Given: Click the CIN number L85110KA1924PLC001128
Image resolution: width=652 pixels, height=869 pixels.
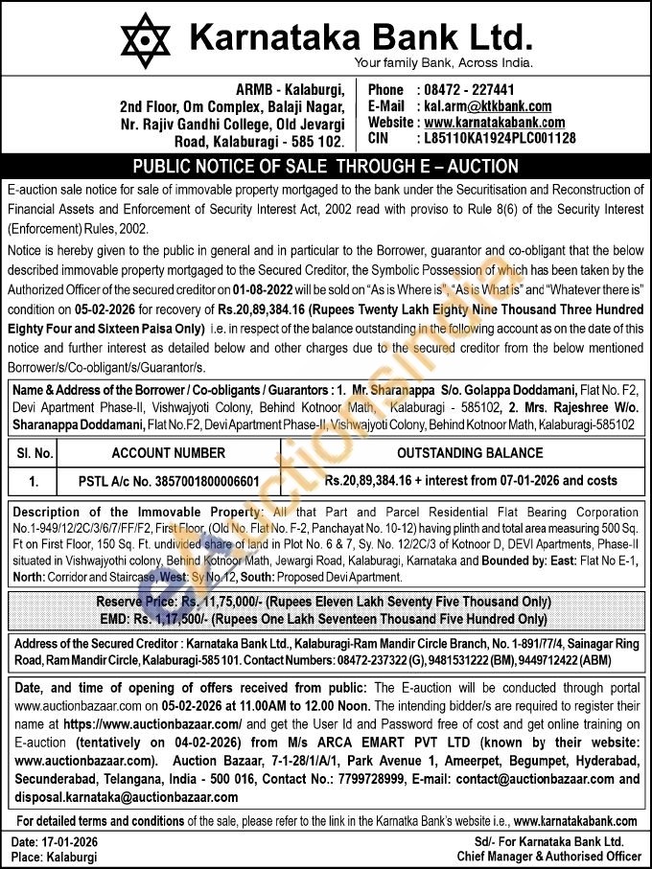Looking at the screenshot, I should [499, 138].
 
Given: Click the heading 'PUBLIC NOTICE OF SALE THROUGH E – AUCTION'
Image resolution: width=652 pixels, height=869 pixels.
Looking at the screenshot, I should [325, 165].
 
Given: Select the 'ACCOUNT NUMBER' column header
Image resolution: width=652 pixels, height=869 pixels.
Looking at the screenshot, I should [169, 453].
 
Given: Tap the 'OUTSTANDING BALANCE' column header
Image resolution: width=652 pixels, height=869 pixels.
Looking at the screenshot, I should [470, 453].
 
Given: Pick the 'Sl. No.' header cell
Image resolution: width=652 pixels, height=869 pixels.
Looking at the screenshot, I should [35, 453].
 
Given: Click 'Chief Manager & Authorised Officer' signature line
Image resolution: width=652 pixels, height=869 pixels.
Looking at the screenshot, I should [548, 856].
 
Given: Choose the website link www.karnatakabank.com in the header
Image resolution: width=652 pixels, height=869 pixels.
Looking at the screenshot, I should [494, 122].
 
